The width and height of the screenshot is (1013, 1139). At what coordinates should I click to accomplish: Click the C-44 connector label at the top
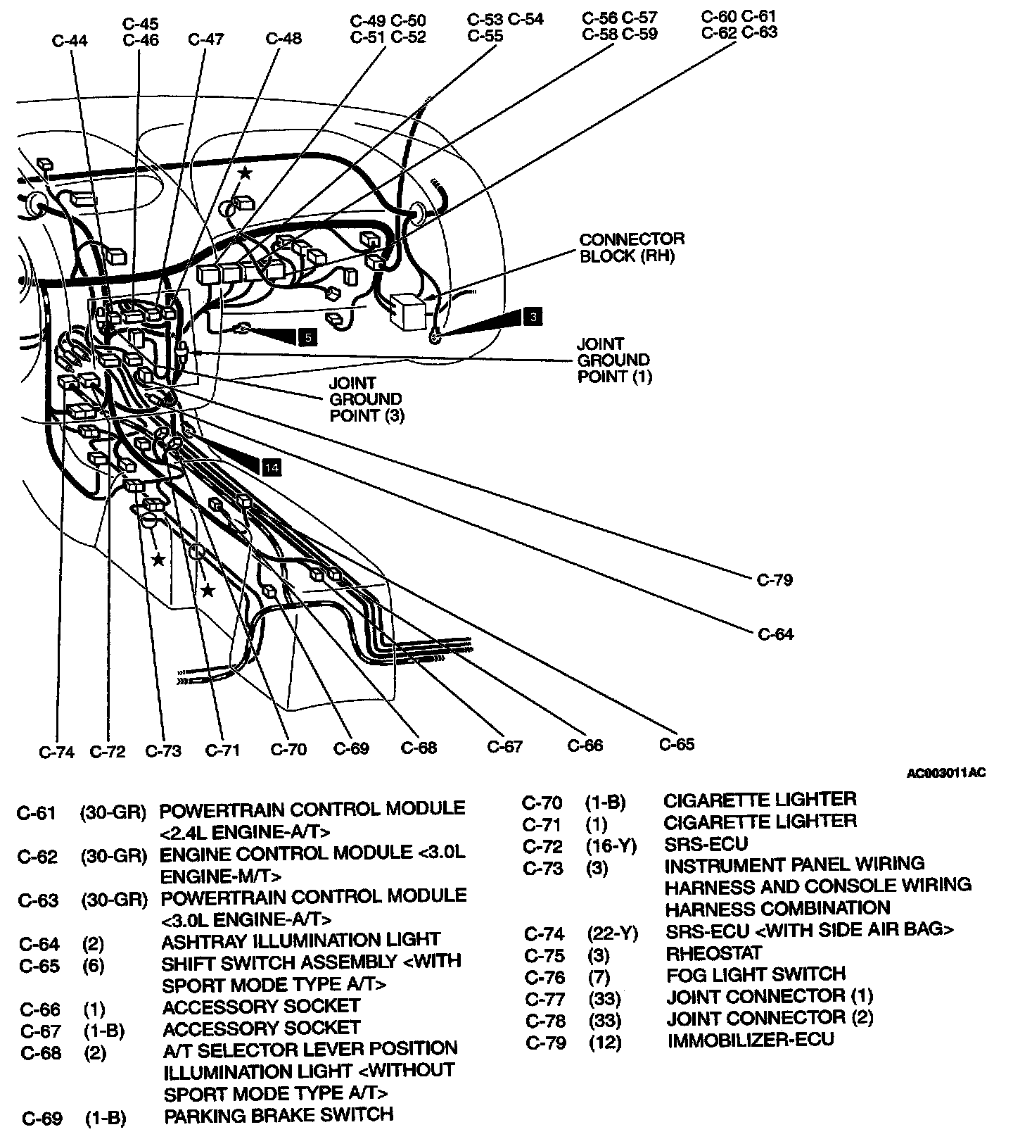(70, 40)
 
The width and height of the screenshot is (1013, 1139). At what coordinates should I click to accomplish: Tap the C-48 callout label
(283, 38)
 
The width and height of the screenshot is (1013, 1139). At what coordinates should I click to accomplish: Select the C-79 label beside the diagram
(775, 580)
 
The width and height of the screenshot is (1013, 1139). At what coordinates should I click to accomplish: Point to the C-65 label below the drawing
(677, 744)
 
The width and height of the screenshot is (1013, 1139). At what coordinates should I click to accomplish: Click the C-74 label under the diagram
(56, 752)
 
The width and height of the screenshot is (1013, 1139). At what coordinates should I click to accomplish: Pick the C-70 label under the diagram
(288, 749)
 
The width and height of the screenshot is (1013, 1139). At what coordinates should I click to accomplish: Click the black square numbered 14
(272, 466)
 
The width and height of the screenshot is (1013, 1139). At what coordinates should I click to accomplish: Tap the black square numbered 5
(307, 337)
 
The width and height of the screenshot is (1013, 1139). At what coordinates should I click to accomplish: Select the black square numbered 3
(533, 317)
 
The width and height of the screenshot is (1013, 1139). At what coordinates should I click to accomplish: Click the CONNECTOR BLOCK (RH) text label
(631, 247)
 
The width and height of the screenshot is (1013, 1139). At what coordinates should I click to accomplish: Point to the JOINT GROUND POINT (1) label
(613, 360)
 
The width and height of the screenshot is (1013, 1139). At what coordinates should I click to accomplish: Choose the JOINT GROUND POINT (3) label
(366, 399)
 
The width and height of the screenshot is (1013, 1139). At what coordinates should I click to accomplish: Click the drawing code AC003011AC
(945, 773)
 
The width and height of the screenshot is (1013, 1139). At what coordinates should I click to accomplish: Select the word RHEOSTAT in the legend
(714, 953)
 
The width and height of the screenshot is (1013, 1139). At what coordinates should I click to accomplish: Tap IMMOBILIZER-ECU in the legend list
(750, 1040)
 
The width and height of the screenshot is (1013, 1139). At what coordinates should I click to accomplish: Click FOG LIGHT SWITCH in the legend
(756, 974)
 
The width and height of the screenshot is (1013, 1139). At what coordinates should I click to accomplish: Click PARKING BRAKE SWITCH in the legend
(278, 1115)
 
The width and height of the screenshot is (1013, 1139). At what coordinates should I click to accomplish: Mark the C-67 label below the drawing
(505, 746)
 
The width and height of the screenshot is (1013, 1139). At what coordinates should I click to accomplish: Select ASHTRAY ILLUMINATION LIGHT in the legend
(300, 940)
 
